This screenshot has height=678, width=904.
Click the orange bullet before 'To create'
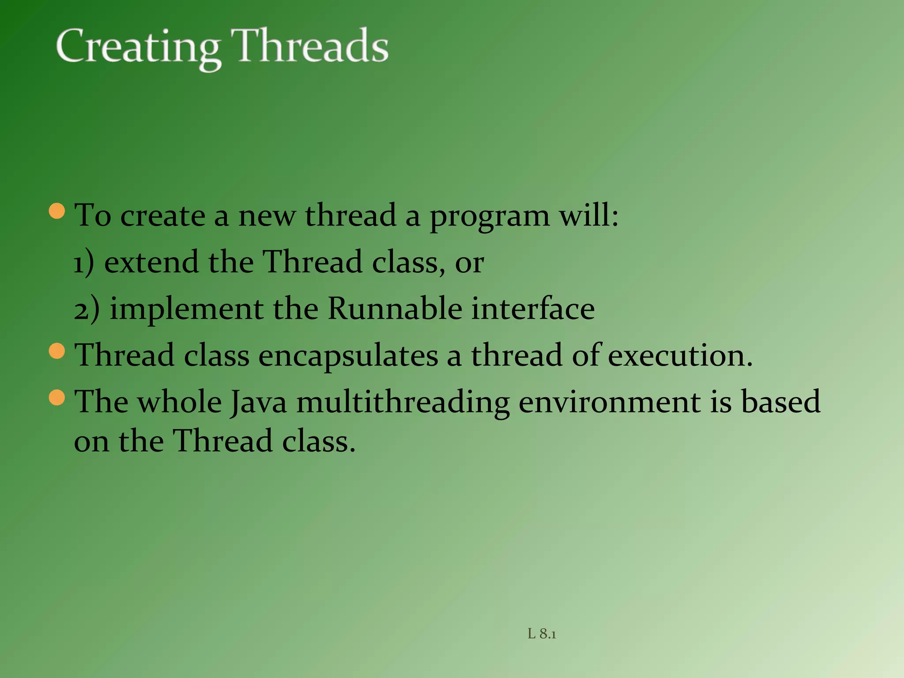[x=57, y=211]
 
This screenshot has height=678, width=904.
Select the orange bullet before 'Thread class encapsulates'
[x=57, y=351]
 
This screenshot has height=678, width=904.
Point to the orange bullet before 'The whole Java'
[x=57, y=398]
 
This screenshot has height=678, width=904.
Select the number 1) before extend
[x=83, y=263]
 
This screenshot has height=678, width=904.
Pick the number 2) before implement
[x=87, y=309]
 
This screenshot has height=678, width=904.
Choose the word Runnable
[x=395, y=309]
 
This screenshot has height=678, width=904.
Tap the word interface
[x=533, y=309]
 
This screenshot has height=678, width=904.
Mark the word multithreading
[x=403, y=403]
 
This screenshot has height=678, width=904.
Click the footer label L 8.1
[x=542, y=634]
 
